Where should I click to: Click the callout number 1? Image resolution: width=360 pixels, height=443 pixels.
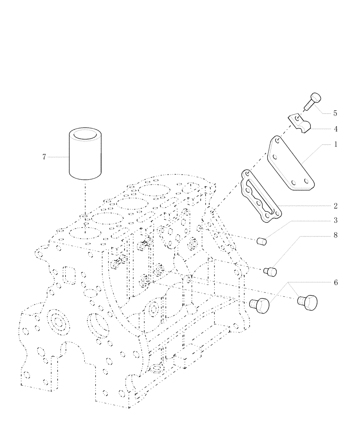click(x=335, y=145)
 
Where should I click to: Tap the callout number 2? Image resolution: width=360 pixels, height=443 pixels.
click(x=336, y=206)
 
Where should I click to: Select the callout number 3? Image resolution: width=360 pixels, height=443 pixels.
click(x=336, y=220)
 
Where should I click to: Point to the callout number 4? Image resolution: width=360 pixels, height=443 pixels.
click(x=336, y=129)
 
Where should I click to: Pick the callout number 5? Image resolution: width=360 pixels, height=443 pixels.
click(x=336, y=113)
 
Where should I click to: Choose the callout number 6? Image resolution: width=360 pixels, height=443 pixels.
click(x=336, y=282)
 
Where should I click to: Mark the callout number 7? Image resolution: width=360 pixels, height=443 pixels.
click(x=44, y=157)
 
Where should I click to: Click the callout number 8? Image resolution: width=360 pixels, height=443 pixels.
click(x=336, y=235)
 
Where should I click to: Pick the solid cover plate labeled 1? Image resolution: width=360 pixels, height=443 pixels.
click(x=290, y=168)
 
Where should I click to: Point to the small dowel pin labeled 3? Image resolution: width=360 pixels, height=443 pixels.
click(x=261, y=241)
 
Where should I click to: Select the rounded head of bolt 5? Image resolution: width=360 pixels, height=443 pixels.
click(x=315, y=98)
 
